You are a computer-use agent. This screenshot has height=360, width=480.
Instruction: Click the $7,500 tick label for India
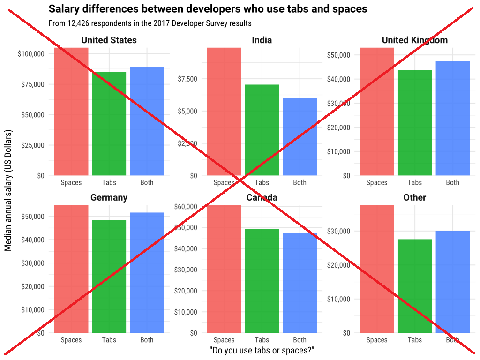pyautogui.click(x=187, y=78)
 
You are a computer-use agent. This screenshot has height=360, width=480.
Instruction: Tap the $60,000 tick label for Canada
pyautogui.click(x=186, y=207)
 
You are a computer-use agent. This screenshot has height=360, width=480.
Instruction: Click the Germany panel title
pyautogui.click(x=109, y=198)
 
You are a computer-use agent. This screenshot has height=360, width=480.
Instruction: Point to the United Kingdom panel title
pyautogui.click(x=414, y=40)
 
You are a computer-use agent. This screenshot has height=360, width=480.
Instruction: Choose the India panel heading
pyautogui.click(x=262, y=40)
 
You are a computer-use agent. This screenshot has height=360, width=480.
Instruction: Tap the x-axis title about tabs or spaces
pyautogui.click(x=262, y=351)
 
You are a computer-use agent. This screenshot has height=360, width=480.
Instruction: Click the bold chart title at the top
pyautogui.click(x=208, y=9)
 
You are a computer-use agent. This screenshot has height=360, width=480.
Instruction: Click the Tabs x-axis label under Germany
pyautogui.click(x=109, y=340)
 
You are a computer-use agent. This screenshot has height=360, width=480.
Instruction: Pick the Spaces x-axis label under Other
pyautogui.click(x=376, y=340)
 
